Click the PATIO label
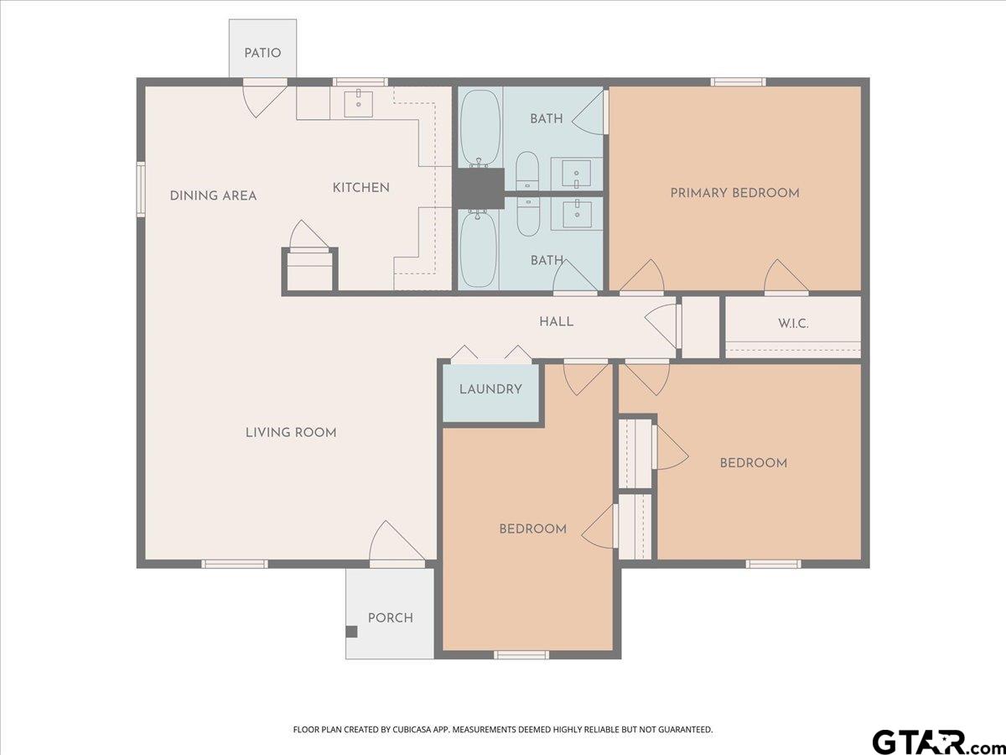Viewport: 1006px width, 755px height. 262,53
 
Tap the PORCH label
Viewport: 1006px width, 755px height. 391,618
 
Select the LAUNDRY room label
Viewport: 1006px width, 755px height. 490,389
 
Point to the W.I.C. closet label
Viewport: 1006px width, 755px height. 793,324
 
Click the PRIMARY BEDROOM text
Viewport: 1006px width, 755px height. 734,193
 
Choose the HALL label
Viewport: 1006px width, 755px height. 556,321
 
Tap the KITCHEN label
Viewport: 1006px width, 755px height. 360,187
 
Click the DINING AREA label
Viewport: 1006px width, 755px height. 213,195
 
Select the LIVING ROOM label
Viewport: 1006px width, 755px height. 291,432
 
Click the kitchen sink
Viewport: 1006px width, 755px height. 359,104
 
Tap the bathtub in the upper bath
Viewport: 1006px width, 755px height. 480,128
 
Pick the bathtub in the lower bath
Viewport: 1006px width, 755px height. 478,249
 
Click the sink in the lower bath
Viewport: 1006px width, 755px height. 577,214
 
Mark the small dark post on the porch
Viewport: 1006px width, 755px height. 351,632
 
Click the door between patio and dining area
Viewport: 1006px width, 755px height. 265,98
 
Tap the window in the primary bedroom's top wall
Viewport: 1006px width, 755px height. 739,82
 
